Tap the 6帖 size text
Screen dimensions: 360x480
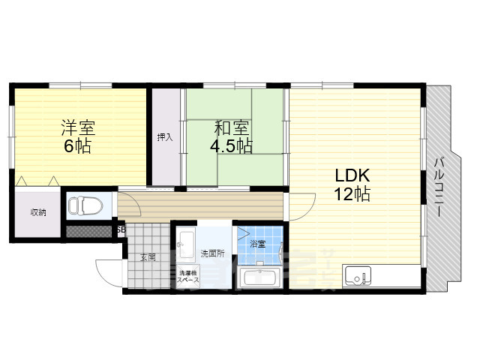point(77,147)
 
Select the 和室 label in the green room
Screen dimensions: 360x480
point(232,128)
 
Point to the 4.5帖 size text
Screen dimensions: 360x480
point(232,147)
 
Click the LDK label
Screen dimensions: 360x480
point(349,177)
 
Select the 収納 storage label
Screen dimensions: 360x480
point(38,213)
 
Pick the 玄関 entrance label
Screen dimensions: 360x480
point(148,257)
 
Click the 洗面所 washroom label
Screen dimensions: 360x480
point(212,253)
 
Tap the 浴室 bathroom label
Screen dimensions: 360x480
point(257,244)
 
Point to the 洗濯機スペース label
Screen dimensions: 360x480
point(187,276)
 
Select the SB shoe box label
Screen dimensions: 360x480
point(121,230)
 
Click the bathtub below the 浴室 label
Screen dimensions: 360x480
point(259,278)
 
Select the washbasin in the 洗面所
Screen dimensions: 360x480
point(186,244)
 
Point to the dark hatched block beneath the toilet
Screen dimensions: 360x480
point(88,232)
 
